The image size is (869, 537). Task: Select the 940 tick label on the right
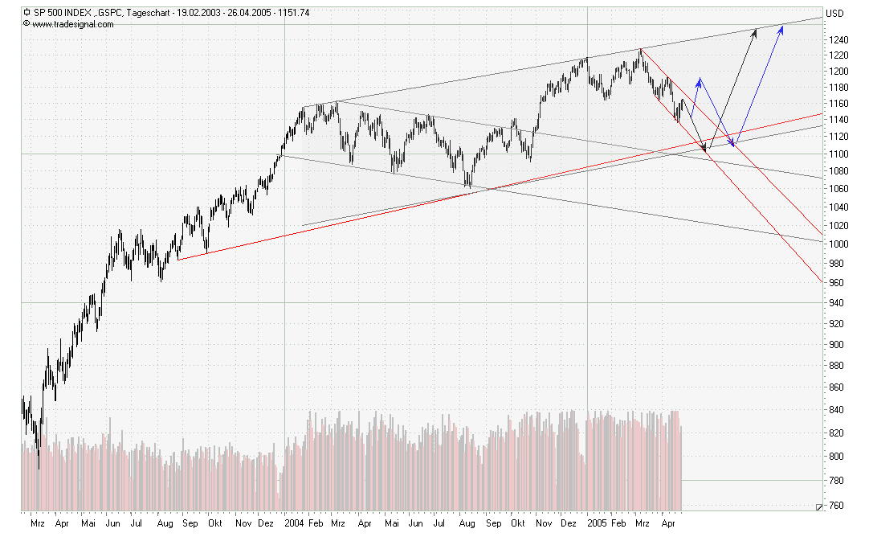pyautogui.click(x=837, y=303)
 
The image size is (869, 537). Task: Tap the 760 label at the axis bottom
pyautogui.click(x=837, y=506)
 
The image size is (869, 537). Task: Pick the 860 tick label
pyautogui.click(x=837, y=387)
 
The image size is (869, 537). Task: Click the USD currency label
pyautogui.click(x=835, y=14)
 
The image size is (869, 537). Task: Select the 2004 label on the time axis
pyautogui.click(x=294, y=523)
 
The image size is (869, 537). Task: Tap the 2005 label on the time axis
pyautogui.click(x=596, y=523)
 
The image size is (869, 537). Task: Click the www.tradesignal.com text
pyautogui.click(x=73, y=24)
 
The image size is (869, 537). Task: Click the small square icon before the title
pyautogui.click(x=27, y=13)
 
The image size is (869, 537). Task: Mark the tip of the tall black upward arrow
pyautogui.click(x=756, y=30)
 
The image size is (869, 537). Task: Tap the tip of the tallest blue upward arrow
pyautogui.click(x=782, y=27)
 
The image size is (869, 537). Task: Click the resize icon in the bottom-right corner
pyautogui.click(x=818, y=507)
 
